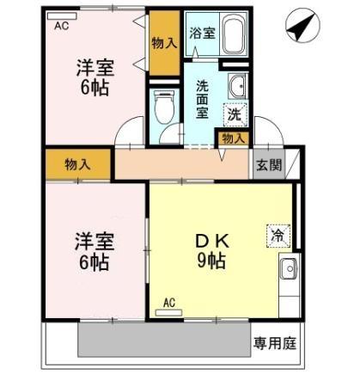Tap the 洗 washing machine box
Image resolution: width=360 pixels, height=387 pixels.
click(x=234, y=113)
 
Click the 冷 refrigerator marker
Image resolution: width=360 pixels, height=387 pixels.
click(x=278, y=233)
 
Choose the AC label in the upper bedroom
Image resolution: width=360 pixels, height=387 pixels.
click(x=61, y=27)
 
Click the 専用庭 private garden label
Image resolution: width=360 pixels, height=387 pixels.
click(x=275, y=344)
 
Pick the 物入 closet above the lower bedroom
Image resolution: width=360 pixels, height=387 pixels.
click(x=77, y=163)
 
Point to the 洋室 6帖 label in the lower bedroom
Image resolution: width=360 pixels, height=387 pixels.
click(x=91, y=251)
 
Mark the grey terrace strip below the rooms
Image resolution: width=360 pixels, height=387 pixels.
click(x=163, y=340)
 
